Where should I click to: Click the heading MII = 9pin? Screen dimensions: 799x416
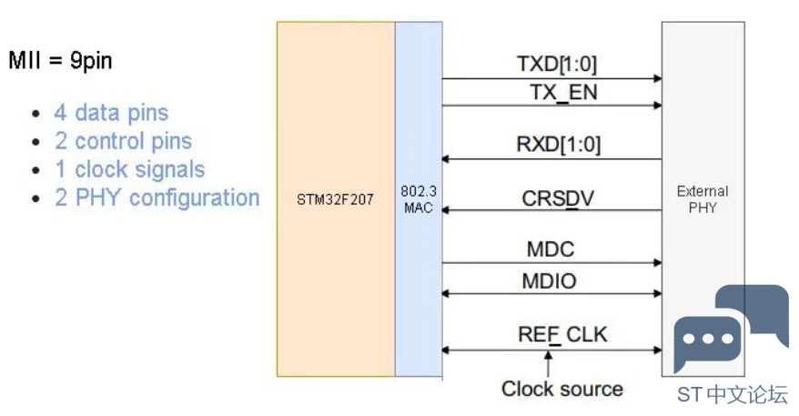(x=60, y=61)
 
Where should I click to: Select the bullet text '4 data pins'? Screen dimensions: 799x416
(x=111, y=113)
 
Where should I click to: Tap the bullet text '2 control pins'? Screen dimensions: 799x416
(x=124, y=141)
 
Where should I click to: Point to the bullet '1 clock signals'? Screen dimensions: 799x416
(x=129, y=169)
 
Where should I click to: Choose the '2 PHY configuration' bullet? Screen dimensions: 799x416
(x=157, y=198)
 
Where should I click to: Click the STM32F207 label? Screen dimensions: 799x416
(x=335, y=199)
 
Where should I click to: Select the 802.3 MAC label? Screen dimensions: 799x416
(x=419, y=199)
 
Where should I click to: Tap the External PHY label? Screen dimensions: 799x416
(x=703, y=199)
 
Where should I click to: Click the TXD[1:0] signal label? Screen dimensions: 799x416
(x=556, y=65)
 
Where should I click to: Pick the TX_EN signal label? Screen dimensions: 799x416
(x=563, y=93)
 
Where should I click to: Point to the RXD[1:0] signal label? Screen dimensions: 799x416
(x=559, y=144)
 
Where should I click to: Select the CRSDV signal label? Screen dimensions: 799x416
(x=558, y=198)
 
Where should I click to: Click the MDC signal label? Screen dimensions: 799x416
(x=551, y=249)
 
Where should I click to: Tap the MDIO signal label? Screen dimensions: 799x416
(x=550, y=281)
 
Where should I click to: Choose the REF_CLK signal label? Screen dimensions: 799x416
(x=562, y=335)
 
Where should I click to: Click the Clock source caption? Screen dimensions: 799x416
(x=562, y=389)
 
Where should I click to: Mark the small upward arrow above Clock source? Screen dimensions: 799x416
(x=549, y=364)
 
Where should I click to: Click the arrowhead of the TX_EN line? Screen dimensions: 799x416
(x=658, y=106)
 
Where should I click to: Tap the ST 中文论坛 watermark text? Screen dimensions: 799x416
(x=733, y=395)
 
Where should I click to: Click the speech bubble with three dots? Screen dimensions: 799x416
(x=706, y=341)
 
